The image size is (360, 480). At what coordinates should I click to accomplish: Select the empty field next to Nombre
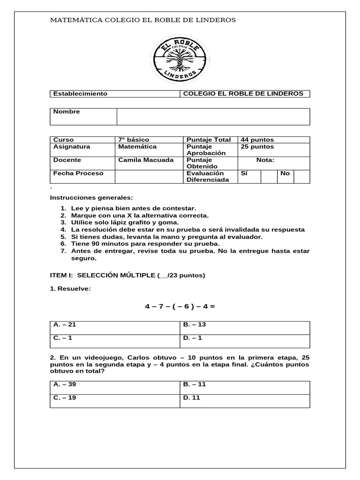213,117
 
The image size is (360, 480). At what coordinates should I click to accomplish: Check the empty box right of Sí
269,176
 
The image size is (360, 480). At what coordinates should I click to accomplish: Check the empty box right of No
301,176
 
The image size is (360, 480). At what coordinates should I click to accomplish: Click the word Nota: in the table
265,160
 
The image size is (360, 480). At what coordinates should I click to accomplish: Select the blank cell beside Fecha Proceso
149,176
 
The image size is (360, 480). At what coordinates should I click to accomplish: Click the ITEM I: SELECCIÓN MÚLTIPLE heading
127,275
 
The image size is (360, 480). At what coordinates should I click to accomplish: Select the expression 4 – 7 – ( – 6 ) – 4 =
180,307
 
